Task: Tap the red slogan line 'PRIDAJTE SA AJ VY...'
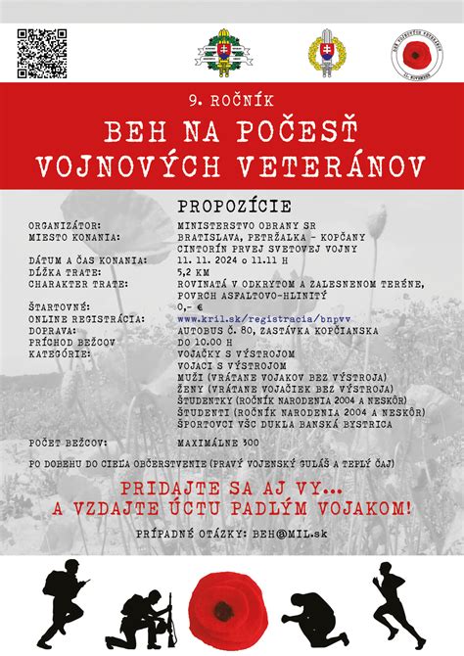(232, 488)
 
